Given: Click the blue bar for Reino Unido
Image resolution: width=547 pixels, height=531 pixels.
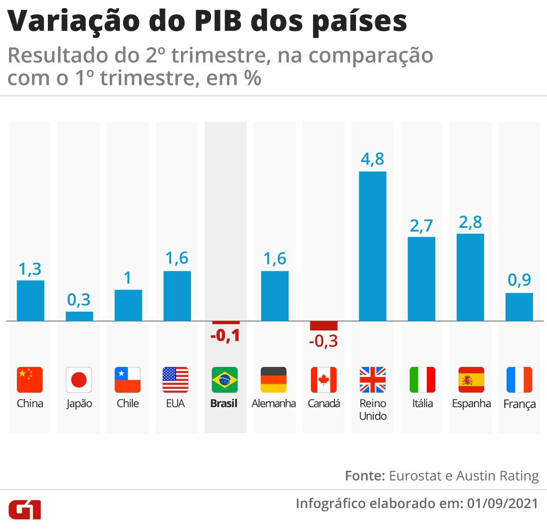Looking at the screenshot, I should tap(372, 246).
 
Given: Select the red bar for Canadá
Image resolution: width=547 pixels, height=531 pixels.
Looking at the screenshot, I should tap(324, 325).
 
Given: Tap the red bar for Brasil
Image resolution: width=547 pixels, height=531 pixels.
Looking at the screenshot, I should tap(226, 323).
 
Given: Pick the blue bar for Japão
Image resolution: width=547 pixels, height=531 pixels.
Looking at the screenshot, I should tap(79, 316).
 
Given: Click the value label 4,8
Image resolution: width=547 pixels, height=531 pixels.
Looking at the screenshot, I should tap(372, 159).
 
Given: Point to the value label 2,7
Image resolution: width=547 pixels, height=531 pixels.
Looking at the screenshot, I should tap(421, 226).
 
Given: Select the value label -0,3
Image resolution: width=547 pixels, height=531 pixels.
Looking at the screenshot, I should tap(323, 341).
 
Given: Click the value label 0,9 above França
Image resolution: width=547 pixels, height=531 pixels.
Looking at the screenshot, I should tap(519, 279).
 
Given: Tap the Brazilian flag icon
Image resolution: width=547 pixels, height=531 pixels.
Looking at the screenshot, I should tap(225, 380).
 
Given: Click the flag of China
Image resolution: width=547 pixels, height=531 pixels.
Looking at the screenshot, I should tap(30, 380).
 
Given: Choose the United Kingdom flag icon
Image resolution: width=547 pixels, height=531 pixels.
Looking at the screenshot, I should tap(372, 380).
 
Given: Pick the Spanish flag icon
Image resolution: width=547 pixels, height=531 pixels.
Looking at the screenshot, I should tap(471, 380).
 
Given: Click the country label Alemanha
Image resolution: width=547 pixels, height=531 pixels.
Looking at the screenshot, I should tap(273, 403).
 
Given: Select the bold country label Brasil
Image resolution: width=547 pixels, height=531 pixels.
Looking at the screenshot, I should tap(224, 403).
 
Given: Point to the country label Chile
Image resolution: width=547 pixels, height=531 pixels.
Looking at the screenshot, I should tap(128, 403).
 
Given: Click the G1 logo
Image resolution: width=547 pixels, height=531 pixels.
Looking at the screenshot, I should tap(25, 509).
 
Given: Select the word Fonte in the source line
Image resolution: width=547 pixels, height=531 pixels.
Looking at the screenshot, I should tap(365, 476).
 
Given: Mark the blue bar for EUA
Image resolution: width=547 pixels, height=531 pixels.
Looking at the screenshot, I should tap(177, 296).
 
